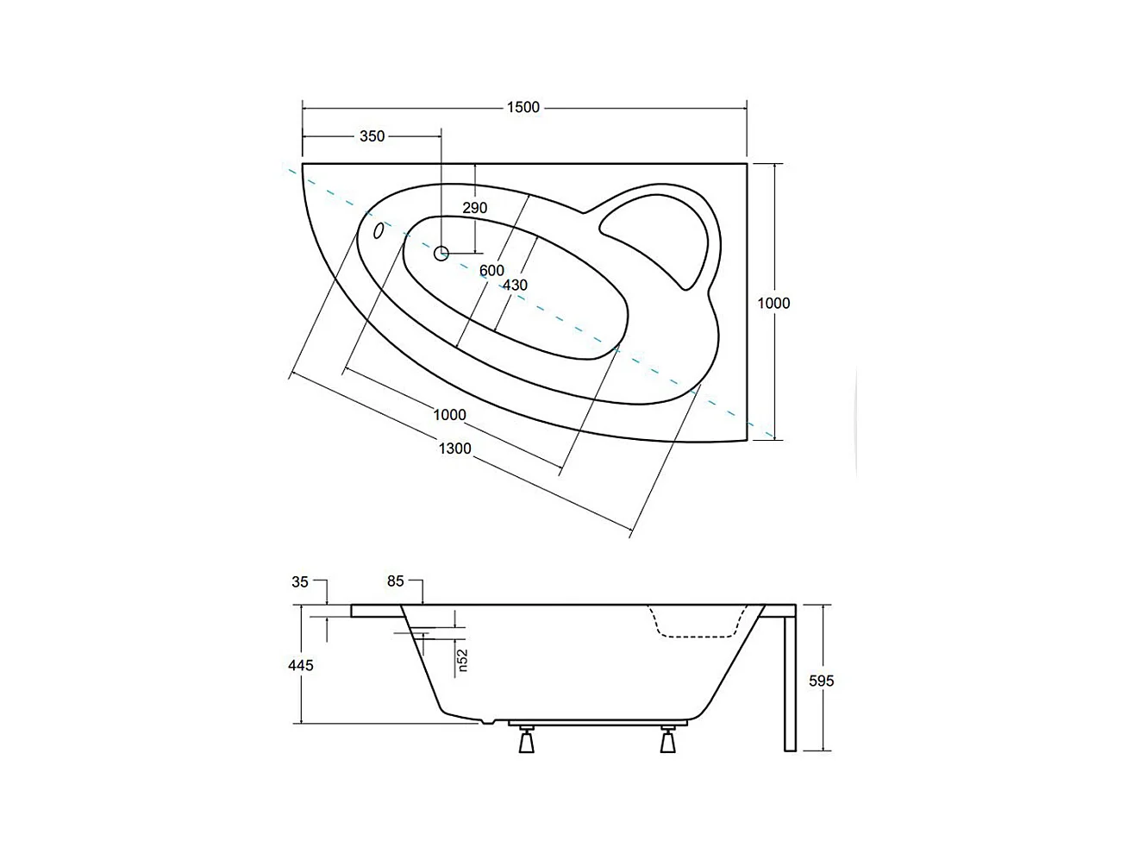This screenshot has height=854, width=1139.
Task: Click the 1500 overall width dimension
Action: [x=523, y=108]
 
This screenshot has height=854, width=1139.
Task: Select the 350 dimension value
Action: [x=372, y=136]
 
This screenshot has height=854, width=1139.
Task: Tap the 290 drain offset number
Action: [x=474, y=208]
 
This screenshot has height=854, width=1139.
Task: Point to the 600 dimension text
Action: [x=491, y=271]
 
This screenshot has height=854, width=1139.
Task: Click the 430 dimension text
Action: [x=515, y=286]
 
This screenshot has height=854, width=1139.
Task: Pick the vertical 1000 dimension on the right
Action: [x=773, y=303]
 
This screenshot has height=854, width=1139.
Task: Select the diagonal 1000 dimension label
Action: [x=449, y=415]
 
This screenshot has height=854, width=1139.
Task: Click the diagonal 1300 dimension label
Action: [x=454, y=449]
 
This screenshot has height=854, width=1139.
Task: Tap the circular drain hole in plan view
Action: [x=441, y=253]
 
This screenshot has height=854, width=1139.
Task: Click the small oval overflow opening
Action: [x=379, y=230]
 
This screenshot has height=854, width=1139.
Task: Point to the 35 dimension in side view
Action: [x=300, y=582]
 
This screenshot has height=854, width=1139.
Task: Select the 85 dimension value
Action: [x=396, y=581]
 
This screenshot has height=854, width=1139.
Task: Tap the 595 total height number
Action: [x=822, y=681]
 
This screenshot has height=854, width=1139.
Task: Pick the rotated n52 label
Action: [x=462, y=660]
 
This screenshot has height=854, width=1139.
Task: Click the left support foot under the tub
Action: [x=526, y=739]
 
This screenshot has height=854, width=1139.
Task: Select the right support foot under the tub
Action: [x=667, y=739]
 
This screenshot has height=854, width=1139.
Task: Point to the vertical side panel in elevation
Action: [x=790, y=681]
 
